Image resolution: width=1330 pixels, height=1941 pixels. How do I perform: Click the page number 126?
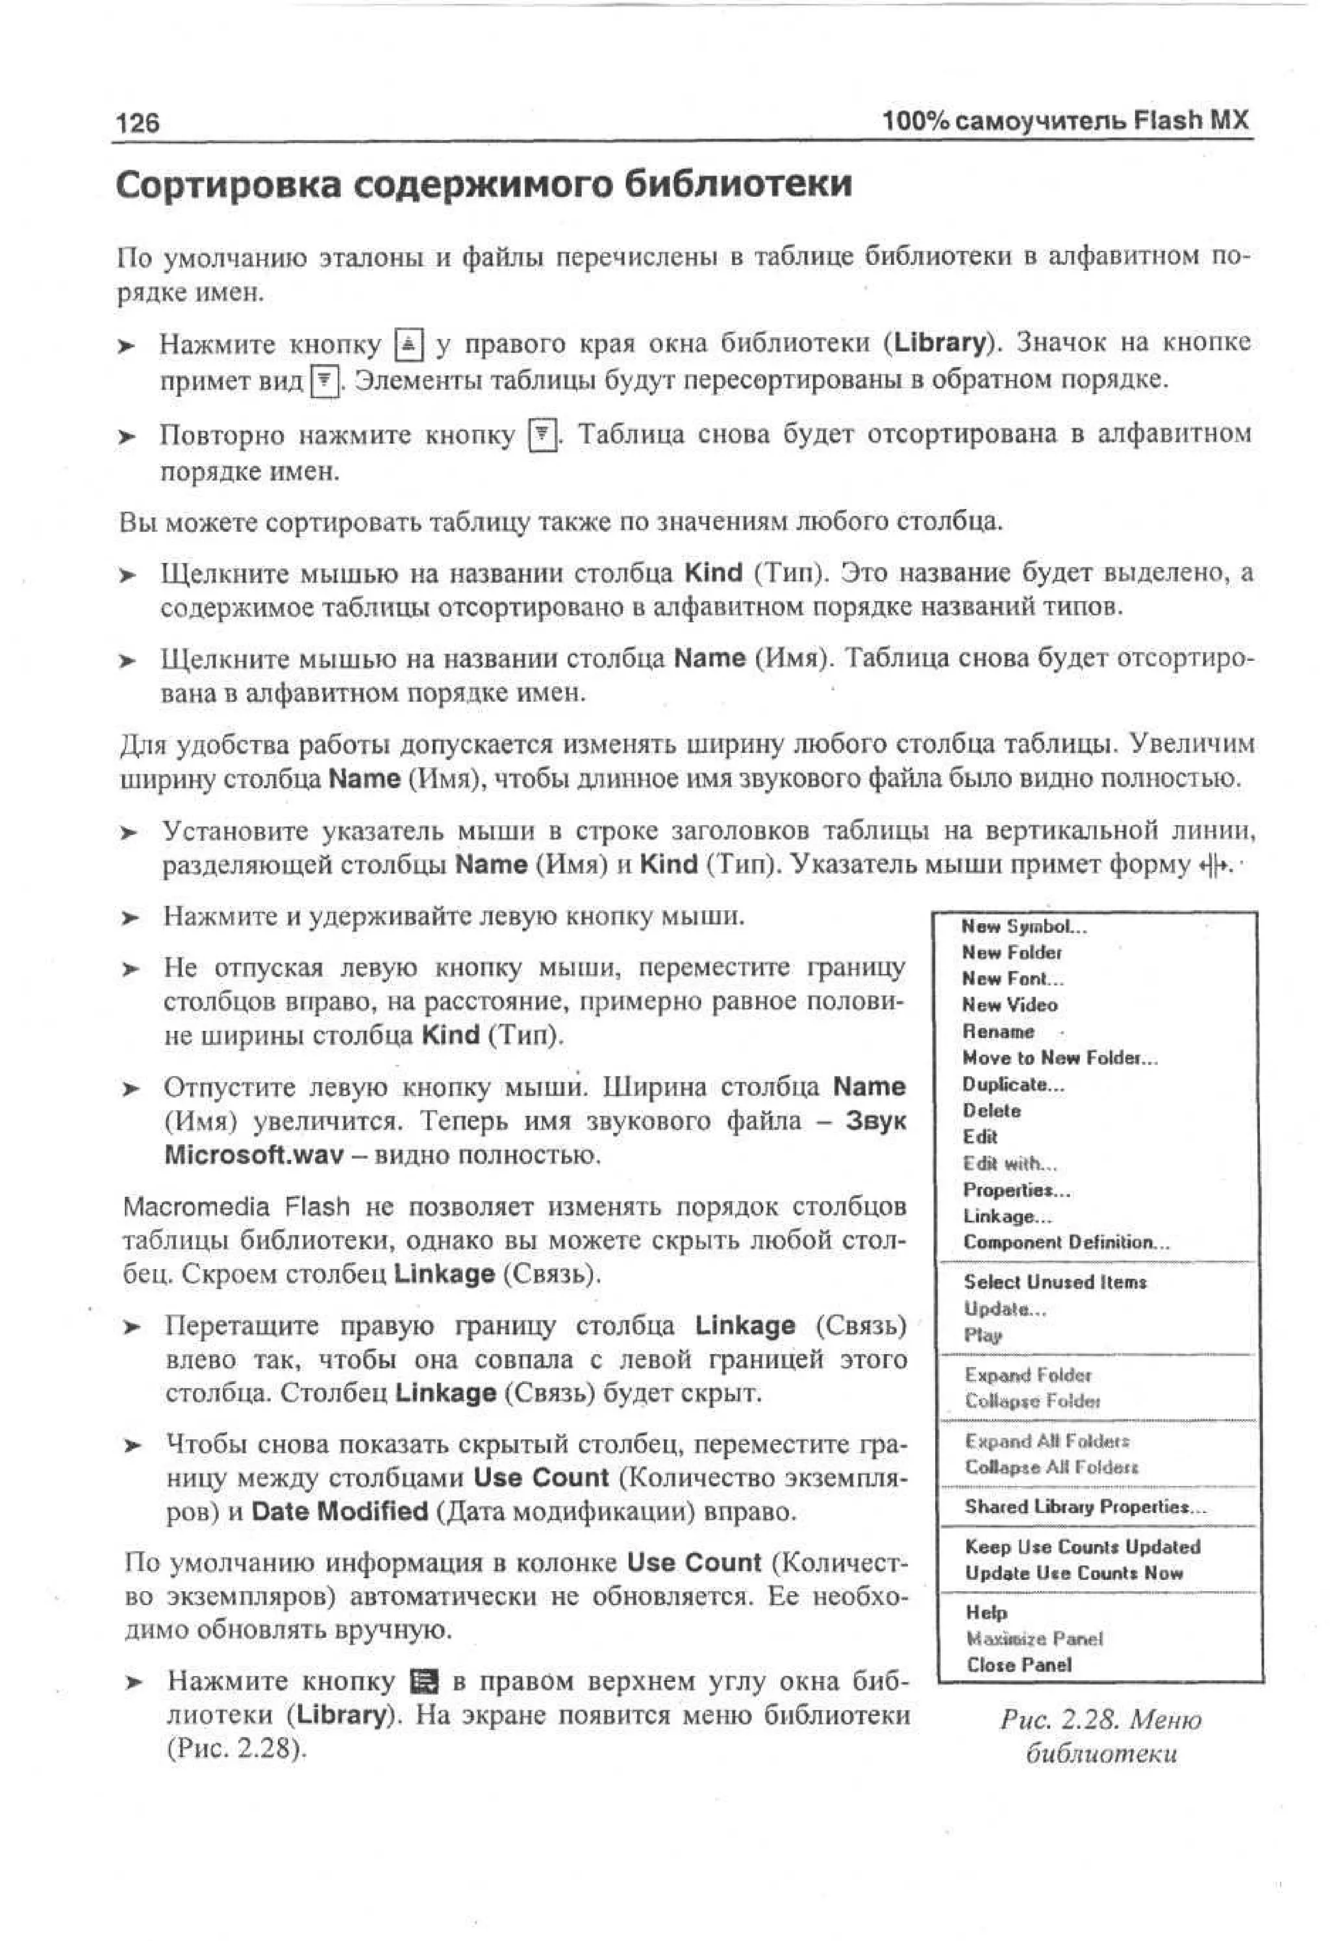tap(138, 123)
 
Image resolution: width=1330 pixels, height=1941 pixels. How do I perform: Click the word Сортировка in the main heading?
tap(228, 184)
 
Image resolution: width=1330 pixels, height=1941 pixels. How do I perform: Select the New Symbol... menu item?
tap(1023, 926)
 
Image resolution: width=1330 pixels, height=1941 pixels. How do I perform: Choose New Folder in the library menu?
tap(1011, 952)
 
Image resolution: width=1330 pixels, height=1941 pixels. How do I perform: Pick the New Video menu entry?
tap(1009, 1005)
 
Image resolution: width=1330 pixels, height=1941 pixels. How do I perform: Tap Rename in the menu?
tap(998, 1032)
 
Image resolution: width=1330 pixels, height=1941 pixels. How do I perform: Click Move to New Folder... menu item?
tap(1059, 1058)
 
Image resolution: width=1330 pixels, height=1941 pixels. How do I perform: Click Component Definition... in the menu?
tap(1066, 1242)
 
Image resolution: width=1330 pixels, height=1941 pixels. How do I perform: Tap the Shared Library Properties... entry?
tap(1085, 1507)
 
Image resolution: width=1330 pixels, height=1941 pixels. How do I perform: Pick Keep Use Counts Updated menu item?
tap(1082, 1547)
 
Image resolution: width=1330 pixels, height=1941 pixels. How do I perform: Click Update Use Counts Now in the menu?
tap(1073, 1573)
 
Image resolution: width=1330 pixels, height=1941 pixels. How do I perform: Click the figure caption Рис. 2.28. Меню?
tap(1100, 1720)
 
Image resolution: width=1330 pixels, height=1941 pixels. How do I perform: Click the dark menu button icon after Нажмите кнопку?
tap(425, 1681)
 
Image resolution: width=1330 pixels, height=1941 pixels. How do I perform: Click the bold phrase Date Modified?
tap(339, 1512)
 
